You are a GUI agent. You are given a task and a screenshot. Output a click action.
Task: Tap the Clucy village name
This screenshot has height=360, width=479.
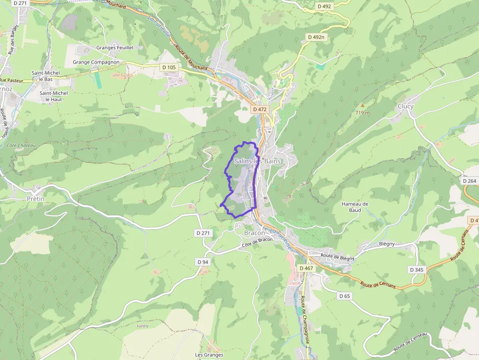[x=405, y=106]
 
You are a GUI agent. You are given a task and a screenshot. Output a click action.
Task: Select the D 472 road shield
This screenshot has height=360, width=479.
[x=260, y=109]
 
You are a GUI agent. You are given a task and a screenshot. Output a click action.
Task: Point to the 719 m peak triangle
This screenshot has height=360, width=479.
[x=362, y=105]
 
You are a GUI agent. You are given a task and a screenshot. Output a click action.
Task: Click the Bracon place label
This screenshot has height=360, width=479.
[x=254, y=233]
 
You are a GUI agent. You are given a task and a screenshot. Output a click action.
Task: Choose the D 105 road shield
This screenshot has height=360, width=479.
[x=169, y=67]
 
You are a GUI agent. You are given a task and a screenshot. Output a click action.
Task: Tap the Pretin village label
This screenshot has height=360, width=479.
[x=36, y=199]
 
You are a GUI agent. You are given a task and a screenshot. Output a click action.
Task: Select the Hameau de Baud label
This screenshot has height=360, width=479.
[x=355, y=207]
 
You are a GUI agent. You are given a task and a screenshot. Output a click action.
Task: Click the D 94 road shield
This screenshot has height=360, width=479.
[x=203, y=262]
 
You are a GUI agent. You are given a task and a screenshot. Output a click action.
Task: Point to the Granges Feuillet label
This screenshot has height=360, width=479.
[x=115, y=48]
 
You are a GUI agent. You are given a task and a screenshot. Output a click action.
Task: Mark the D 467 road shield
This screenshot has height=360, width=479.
[x=306, y=268]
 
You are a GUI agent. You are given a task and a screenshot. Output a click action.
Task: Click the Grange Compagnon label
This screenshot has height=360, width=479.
[x=96, y=63]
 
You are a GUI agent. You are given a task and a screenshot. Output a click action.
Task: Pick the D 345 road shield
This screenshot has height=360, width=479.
[x=416, y=270]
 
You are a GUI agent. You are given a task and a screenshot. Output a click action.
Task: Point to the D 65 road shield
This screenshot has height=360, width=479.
[x=345, y=296]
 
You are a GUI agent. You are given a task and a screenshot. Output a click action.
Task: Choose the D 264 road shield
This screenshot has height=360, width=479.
[x=469, y=181]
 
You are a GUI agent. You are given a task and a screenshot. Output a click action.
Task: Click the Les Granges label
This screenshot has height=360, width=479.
[x=209, y=355]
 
